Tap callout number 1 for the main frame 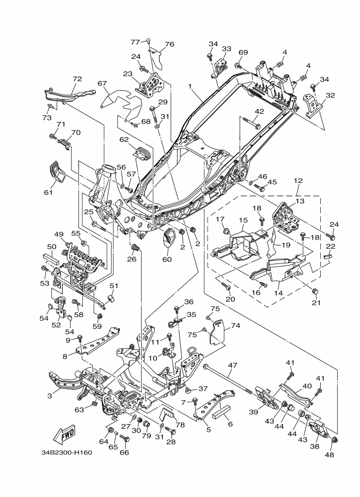pyautogui.click(x=190, y=86)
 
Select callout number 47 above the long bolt pyautogui.click(x=233, y=366)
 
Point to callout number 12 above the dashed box pyautogui.click(x=298, y=181)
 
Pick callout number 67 pyautogui.click(x=102, y=83)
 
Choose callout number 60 pyautogui.click(x=167, y=259)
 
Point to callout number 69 pyautogui.click(x=243, y=52)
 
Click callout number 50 pyautogui.click(x=51, y=247)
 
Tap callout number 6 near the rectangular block pyautogui.click(x=230, y=424)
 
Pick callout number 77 pyautogui.click(x=135, y=42)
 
